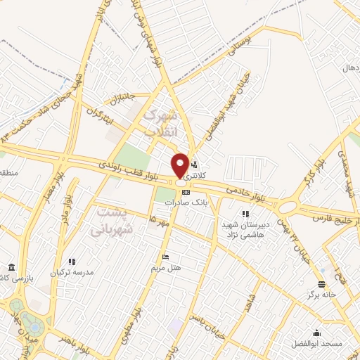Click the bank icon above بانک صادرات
(x=185, y=192)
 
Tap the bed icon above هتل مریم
(x=165, y=257)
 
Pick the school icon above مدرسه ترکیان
(x=71, y=262)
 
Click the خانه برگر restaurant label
(x=322, y=294)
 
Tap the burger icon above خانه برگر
(x=321, y=284)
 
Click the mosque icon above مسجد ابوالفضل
(x=317, y=333)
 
